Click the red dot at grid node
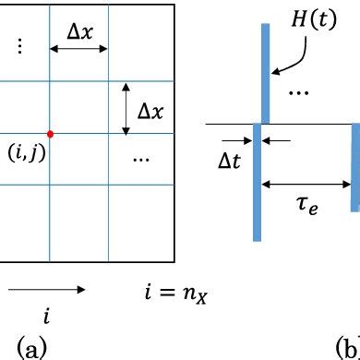(x=50, y=133)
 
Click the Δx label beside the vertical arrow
(x=152, y=110)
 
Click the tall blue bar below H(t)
(x=266, y=74)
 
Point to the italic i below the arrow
(x=47, y=316)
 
